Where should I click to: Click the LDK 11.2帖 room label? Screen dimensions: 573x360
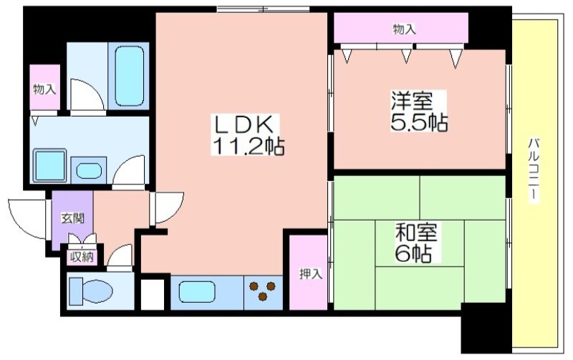coord(247,135)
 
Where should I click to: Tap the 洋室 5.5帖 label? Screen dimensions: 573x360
coord(419,112)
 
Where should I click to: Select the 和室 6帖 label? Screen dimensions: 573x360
coord(417,242)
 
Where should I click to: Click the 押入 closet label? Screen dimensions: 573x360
coord(311,274)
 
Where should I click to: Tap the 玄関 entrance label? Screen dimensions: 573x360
coord(72,218)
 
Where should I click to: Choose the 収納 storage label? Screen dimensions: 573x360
coord(82,257)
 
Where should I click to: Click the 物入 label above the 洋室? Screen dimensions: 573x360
coord(404,29)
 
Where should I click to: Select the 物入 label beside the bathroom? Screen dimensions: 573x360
coord(44,89)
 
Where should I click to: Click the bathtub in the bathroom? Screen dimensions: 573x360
coord(129,76)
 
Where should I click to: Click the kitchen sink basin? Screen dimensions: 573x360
coord(197,292)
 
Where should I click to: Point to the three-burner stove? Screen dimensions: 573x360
coord(263,291)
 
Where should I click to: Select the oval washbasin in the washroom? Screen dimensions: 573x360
coord(89,171)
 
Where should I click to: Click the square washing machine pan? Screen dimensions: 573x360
coord(50,165)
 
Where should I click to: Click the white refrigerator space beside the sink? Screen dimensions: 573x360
coord(153,295)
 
